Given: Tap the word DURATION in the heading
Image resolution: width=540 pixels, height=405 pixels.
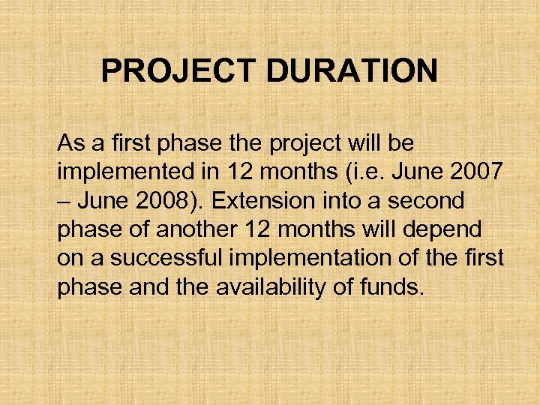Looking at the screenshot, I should [350, 72].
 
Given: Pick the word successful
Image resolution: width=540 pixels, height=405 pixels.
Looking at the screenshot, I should [164, 258].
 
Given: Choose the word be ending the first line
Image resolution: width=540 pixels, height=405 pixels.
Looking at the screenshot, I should [401, 142].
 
